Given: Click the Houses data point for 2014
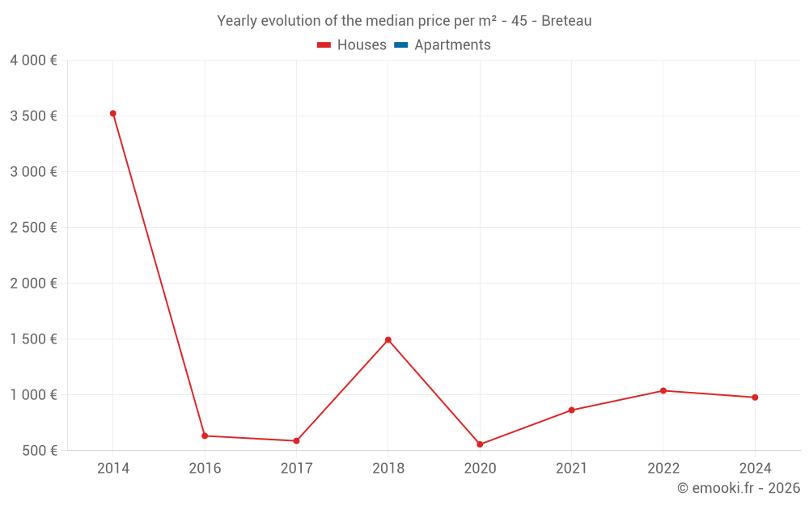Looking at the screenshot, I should point(113,113).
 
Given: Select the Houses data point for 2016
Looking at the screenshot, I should point(205,436).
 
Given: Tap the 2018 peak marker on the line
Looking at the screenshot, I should point(388,339).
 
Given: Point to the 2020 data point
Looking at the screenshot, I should point(480,444).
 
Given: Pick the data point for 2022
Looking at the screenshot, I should point(663,390).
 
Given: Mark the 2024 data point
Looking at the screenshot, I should point(755,398).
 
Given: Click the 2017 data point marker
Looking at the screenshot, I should point(296,441).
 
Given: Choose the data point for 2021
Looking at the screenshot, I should point(571,410).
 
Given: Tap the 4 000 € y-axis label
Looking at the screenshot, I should point(34,61).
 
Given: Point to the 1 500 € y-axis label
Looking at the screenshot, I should point(34,339).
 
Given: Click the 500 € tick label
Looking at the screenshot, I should point(38,451).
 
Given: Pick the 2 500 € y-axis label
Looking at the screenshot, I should point(34,228).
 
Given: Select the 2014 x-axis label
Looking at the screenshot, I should point(113,469).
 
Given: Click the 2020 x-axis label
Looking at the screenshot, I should point(480,469).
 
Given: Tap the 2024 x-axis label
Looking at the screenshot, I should point(755,469).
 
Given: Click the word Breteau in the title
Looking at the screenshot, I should point(566,21).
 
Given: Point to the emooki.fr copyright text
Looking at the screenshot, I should point(739,488).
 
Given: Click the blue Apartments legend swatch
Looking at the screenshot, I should point(400,45).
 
